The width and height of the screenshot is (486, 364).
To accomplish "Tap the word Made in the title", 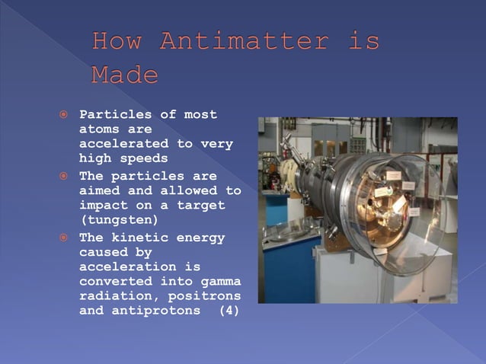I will (x=125, y=75).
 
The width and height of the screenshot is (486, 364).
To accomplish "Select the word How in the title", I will (x=117, y=41).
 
